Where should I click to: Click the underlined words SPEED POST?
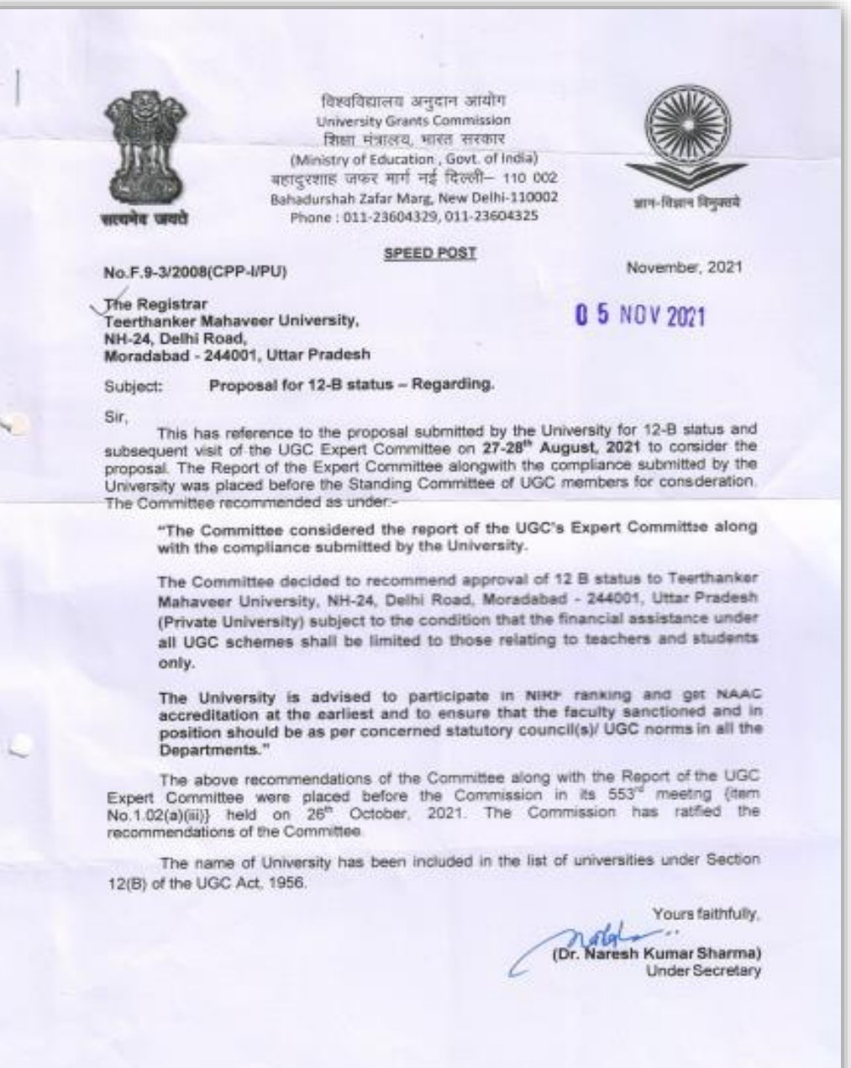tap(430, 252)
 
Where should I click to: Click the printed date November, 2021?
tap(684, 267)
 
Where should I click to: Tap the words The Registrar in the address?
tap(155, 303)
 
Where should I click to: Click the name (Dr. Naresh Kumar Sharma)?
tap(655, 954)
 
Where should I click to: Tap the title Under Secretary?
tap(703, 971)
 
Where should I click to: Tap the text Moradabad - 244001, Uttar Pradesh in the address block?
tap(236, 354)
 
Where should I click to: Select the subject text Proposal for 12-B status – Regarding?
tap(351, 386)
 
